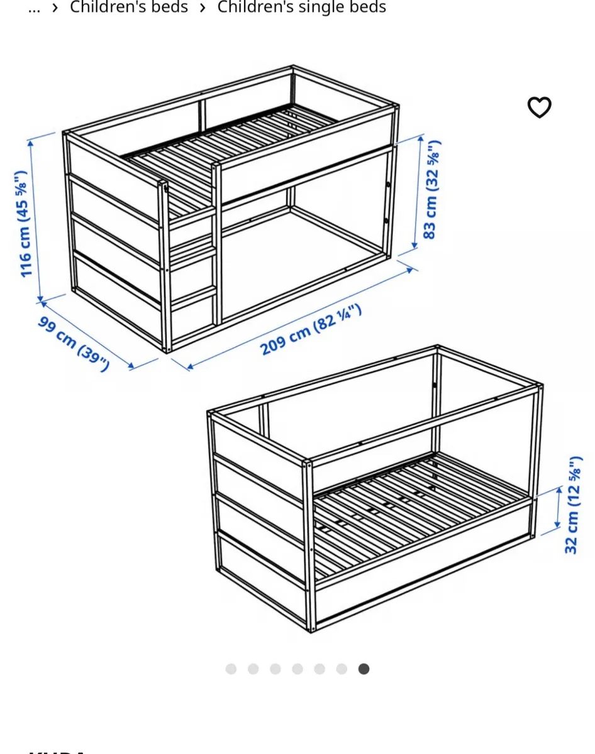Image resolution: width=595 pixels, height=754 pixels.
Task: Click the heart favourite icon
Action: tap(539, 107)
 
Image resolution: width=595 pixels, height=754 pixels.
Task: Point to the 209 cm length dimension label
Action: tap(311, 329)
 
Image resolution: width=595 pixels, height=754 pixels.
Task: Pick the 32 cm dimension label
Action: tap(572, 505)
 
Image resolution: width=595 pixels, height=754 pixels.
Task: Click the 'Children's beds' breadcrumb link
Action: tap(128, 8)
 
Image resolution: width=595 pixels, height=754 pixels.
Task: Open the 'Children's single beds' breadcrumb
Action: tap(301, 8)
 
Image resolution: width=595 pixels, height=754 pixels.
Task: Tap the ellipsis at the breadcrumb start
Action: tap(35, 8)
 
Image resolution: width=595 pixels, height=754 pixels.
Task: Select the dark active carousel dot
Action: tap(364, 669)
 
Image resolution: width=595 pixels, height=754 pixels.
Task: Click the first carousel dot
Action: tap(231, 669)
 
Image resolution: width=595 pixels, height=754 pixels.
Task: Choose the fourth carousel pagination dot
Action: tap(297, 669)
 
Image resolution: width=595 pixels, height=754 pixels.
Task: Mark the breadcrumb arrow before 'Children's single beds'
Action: tap(203, 8)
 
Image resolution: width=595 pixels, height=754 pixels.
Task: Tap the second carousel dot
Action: tap(253, 669)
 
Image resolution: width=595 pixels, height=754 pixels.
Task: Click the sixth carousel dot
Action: tap(342, 669)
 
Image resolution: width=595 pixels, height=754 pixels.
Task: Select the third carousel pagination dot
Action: tap(275, 669)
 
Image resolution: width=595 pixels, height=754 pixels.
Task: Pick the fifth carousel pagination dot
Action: tap(320, 669)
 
